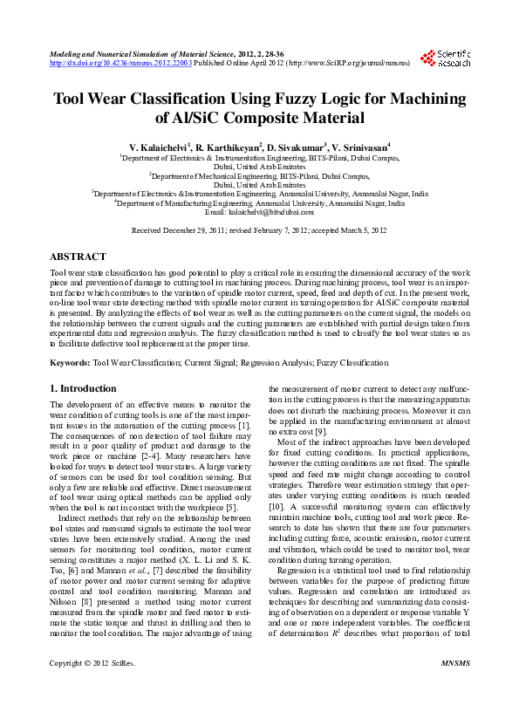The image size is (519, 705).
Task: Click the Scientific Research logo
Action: pos(446,58)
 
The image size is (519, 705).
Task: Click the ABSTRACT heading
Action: pos(79,257)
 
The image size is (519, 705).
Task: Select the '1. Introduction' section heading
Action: pos(83,388)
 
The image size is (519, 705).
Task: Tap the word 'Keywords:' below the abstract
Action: pos(70,362)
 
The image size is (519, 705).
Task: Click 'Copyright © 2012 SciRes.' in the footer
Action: pos(93,689)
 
